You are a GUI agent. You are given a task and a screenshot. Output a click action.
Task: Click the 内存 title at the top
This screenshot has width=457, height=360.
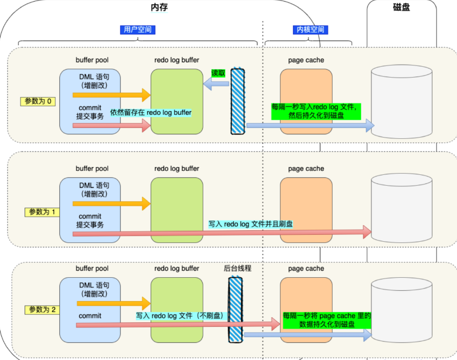point(159,7)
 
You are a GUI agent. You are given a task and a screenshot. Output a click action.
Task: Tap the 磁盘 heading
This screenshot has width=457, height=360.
point(402,7)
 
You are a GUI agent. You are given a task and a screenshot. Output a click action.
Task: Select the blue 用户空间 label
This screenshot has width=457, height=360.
point(138,30)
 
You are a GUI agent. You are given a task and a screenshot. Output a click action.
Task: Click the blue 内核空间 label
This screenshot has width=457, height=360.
point(310,30)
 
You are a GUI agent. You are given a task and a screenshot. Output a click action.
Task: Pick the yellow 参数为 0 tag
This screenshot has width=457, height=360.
point(38,102)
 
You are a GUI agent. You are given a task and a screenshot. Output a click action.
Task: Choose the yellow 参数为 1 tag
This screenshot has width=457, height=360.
point(42,212)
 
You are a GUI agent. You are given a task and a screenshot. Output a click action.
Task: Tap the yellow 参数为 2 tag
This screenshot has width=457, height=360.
point(42,310)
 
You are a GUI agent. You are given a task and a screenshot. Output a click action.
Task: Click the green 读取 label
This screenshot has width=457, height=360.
point(218,73)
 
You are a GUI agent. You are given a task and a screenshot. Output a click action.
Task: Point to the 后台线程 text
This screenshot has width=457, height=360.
point(238,268)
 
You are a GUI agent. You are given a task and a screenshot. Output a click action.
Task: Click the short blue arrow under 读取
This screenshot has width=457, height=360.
point(216,84)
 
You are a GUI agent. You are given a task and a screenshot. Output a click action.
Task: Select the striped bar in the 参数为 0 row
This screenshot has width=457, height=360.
point(238,101)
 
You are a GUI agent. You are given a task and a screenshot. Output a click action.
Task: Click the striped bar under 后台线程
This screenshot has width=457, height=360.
point(235,310)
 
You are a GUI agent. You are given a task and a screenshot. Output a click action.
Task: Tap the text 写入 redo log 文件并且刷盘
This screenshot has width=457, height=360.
point(251,224)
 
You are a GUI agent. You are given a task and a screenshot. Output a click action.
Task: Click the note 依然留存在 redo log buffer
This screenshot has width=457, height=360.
point(151,113)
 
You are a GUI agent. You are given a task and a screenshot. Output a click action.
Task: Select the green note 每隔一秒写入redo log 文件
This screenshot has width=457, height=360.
point(316,111)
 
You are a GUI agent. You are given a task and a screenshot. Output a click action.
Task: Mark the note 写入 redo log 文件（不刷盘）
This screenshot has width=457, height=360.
point(182,315)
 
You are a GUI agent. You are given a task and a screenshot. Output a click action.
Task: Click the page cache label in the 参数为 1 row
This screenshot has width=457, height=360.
point(306,169)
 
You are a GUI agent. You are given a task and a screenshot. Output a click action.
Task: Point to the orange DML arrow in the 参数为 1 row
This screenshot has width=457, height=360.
point(111,203)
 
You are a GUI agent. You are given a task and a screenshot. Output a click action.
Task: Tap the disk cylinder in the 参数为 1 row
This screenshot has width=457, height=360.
point(402,209)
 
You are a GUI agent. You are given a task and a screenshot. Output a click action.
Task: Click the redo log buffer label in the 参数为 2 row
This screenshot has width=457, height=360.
point(177,269)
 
